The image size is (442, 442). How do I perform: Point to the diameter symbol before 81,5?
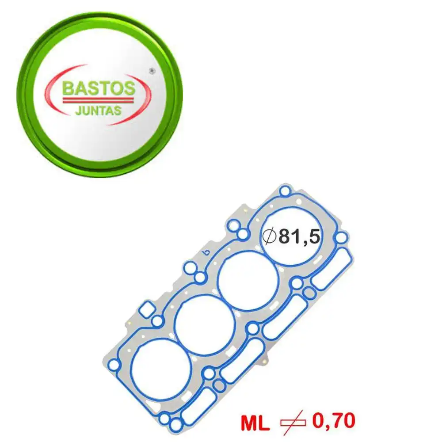click(x=269, y=237)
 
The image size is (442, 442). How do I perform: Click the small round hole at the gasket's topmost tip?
click(x=286, y=191)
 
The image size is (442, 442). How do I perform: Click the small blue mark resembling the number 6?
click(x=205, y=254)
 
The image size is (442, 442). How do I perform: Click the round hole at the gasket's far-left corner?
click(x=114, y=365)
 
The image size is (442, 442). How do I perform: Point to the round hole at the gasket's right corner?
click(x=341, y=238)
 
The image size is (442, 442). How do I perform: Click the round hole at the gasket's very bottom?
click(x=176, y=425)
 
